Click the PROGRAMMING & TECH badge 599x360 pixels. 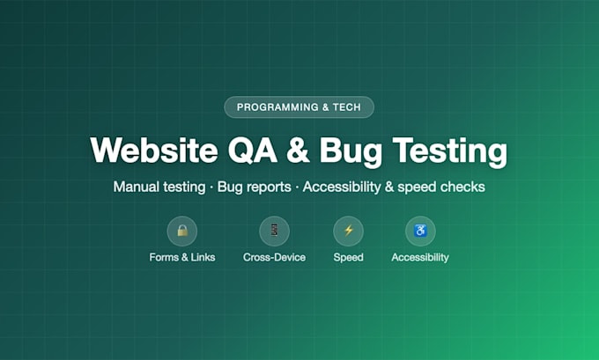299,107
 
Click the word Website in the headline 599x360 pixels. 154,150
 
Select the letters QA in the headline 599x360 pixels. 253,151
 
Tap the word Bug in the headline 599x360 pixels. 351,152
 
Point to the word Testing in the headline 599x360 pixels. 450,152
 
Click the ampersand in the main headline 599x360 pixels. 299,151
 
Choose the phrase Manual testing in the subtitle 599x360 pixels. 159,187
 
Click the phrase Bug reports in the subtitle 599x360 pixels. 255,187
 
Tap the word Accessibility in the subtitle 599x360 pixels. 342,187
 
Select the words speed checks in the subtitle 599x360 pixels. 441,187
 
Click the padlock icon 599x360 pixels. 182,231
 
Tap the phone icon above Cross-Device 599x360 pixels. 274,231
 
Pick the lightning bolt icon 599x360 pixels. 349,231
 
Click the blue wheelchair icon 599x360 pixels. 420,231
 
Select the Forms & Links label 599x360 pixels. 182,257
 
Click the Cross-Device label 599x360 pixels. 274,257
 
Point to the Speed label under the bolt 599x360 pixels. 349,258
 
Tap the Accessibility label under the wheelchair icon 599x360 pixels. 420,258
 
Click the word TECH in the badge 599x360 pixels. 346,107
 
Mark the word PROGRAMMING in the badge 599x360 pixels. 277,107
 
